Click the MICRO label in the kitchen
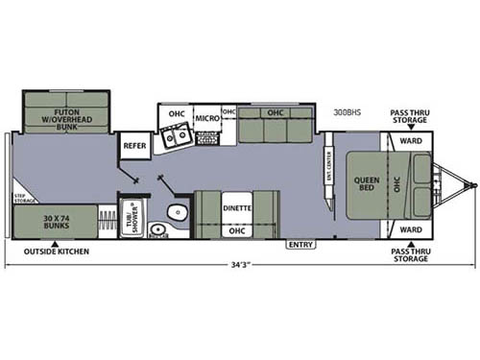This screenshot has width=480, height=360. [208, 118]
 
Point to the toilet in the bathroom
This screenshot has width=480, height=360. [174, 214]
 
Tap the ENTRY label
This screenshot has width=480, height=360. [300, 245]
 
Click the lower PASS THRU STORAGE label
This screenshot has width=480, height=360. [410, 253]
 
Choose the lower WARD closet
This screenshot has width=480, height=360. [411, 230]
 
